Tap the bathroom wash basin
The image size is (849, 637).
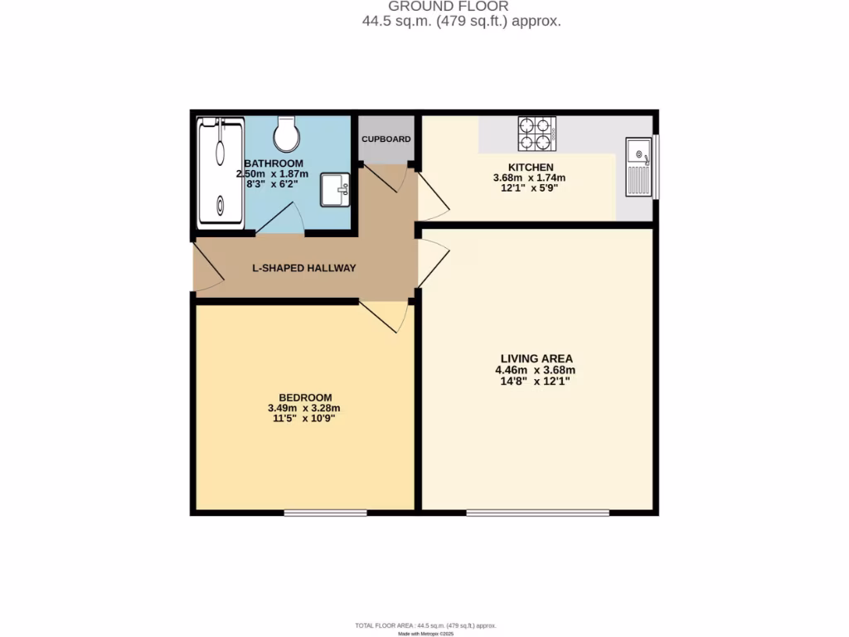335,188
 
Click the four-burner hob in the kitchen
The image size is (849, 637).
536,134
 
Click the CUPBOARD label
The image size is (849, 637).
386,139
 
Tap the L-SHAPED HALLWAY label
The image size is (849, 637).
304,268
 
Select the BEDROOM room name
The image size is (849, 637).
305,397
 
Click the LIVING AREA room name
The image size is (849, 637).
535,358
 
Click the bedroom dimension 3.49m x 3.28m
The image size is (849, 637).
304,408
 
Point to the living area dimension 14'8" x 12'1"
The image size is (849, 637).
535,381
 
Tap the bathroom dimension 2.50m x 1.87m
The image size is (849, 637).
273,174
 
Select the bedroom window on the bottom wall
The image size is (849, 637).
325,513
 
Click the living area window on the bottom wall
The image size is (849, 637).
537,513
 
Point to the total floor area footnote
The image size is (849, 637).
426,625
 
